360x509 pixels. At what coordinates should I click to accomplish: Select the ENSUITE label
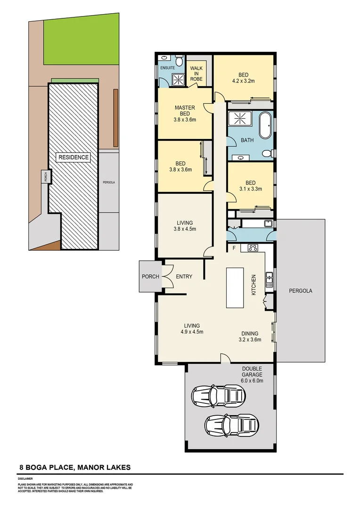(x=168, y=68)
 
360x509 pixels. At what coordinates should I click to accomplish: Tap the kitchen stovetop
(x=252, y=248)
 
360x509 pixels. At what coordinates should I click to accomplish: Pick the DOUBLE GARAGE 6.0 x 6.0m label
(x=253, y=374)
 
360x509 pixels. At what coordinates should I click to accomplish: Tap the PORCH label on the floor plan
(x=151, y=277)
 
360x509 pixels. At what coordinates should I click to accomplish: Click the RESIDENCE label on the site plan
(x=73, y=157)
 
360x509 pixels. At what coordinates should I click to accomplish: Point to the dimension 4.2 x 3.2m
(x=243, y=81)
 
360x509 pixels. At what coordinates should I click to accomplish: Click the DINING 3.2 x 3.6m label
(x=250, y=336)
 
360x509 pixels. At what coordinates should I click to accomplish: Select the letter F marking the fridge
(x=233, y=247)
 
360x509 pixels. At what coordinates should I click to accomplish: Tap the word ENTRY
(x=184, y=277)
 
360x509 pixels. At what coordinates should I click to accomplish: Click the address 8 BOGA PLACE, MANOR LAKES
(x=74, y=468)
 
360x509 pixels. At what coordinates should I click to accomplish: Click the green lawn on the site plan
(x=80, y=42)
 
